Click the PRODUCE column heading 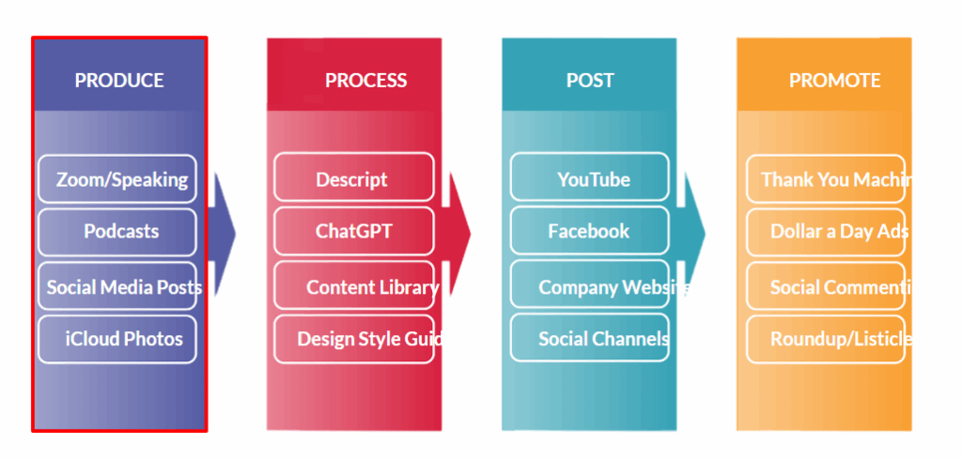point(119,81)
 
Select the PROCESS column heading point(365,81)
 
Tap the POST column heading point(590,81)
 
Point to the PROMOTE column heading point(834,81)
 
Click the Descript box point(353,179)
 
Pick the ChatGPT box point(353,231)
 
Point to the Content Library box point(357,287)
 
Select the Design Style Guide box point(357,339)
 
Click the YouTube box point(590,179)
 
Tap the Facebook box point(590,231)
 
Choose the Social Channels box point(590,339)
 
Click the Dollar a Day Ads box point(827,231)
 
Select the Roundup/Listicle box point(827,339)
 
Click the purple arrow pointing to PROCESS point(222,233)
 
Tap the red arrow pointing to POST point(458,233)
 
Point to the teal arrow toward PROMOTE point(692,233)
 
